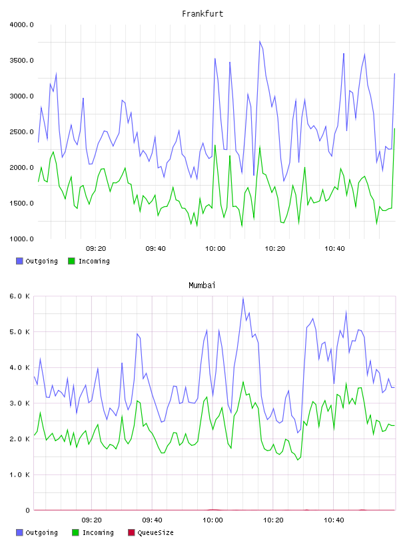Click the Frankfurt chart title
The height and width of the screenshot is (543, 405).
202,14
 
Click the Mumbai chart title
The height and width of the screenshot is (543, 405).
202,285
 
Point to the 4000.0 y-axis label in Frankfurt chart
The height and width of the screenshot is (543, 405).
21,25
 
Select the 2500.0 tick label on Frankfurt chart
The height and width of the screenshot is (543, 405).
21,132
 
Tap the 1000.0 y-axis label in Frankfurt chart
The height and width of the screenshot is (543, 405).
21,239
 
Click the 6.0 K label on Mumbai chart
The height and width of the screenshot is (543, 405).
19,296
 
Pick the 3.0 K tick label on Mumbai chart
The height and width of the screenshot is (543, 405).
19,403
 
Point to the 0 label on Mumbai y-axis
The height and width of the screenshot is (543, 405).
27,510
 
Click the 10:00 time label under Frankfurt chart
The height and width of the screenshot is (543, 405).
215,249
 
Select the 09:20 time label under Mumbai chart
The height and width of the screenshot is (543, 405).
91,520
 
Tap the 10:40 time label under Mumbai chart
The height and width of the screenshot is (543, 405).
334,520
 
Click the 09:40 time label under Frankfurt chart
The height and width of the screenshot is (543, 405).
156,249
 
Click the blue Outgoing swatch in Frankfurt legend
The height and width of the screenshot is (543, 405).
19,261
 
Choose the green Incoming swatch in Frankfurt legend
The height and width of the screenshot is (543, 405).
71,261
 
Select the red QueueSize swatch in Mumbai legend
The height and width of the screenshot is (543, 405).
131,532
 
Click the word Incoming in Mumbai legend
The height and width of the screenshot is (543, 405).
98,532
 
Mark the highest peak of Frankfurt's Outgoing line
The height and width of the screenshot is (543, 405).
260,41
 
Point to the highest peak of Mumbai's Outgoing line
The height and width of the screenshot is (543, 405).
243,298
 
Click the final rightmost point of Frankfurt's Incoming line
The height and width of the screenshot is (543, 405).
394,129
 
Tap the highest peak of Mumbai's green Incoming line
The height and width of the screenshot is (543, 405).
243,381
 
